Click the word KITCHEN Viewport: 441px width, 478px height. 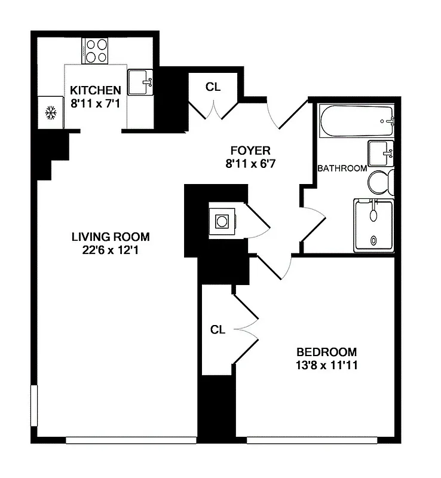[x=96, y=90]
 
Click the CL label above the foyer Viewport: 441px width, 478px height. [x=213, y=87]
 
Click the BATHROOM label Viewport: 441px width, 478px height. [x=342, y=168]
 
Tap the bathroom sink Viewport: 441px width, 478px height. [x=380, y=154]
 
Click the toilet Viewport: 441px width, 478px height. [x=380, y=182]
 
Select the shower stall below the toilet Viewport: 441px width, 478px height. [x=373, y=225]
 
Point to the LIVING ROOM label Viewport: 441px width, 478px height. [x=111, y=236]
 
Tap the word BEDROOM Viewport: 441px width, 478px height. [x=327, y=352]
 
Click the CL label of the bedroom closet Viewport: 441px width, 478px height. [x=218, y=330]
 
